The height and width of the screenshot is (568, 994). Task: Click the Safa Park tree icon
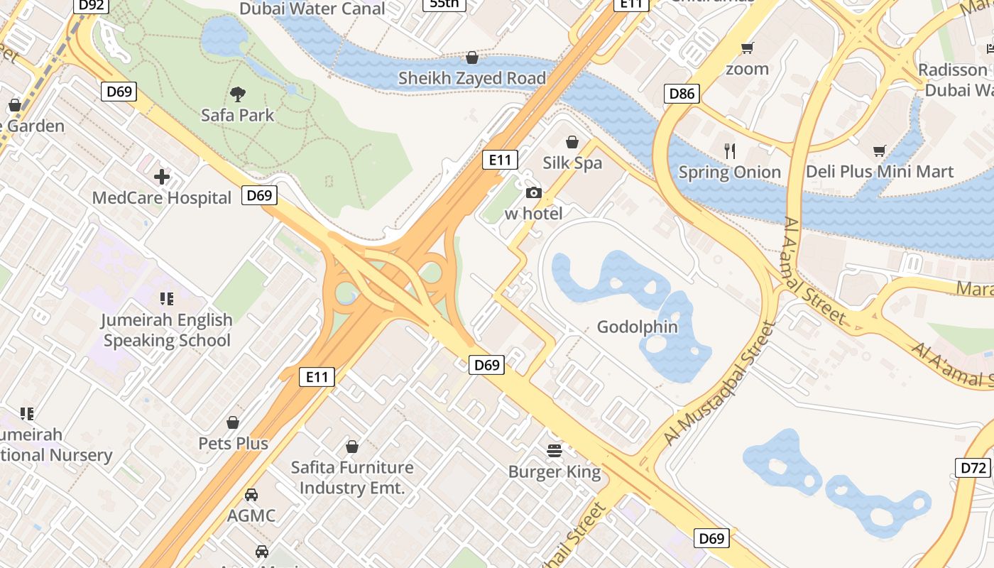(238, 94)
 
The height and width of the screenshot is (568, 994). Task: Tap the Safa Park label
(237, 115)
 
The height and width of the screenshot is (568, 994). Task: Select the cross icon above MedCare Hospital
(162, 177)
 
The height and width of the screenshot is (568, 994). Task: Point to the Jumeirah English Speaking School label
(167, 330)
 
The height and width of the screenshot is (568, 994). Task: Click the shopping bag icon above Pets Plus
(233, 423)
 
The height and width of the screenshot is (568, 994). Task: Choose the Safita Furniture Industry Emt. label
(352, 478)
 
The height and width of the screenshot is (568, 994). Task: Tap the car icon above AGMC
(251, 495)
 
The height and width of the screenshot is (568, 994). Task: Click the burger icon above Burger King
(555, 450)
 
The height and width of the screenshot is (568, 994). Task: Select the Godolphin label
(637, 327)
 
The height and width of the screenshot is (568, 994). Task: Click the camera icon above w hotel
(533, 193)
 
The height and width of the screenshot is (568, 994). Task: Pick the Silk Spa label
(572, 163)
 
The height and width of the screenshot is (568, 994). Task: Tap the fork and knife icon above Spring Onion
(729, 151)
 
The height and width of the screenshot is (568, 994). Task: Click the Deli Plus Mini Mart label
(879, 172)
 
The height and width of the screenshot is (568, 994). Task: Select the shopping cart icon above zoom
(747, 48)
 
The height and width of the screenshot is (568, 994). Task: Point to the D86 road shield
(682, 93)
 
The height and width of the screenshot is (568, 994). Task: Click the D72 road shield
(973, 468)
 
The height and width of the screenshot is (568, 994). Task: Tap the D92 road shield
(92, 6)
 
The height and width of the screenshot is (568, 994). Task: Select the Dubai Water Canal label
(312, 9)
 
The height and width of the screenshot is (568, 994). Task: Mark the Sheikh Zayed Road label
(471, 78)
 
